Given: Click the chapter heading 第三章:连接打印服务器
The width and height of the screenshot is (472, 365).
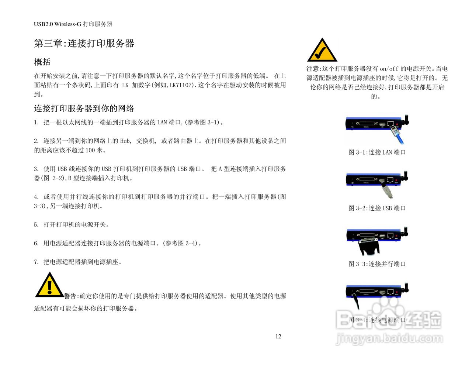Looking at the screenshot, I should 84,44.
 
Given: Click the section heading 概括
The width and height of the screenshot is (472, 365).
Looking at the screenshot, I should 42,62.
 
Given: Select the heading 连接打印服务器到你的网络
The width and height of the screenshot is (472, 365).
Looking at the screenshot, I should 84,109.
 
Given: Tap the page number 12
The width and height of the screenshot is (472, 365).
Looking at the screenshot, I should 278,336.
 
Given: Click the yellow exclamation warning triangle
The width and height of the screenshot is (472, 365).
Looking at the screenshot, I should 49,285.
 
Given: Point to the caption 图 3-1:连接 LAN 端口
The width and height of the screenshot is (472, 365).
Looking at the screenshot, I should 377,152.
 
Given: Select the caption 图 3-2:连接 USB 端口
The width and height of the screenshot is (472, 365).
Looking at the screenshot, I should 377,208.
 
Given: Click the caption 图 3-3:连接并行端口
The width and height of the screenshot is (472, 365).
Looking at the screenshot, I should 377,264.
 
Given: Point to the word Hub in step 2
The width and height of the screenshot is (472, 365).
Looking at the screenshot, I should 125,141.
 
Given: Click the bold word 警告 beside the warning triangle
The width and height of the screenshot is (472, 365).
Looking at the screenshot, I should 70,296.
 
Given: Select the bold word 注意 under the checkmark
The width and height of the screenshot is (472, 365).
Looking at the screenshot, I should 313,69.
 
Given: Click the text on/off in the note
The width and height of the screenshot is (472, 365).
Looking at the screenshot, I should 389,69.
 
